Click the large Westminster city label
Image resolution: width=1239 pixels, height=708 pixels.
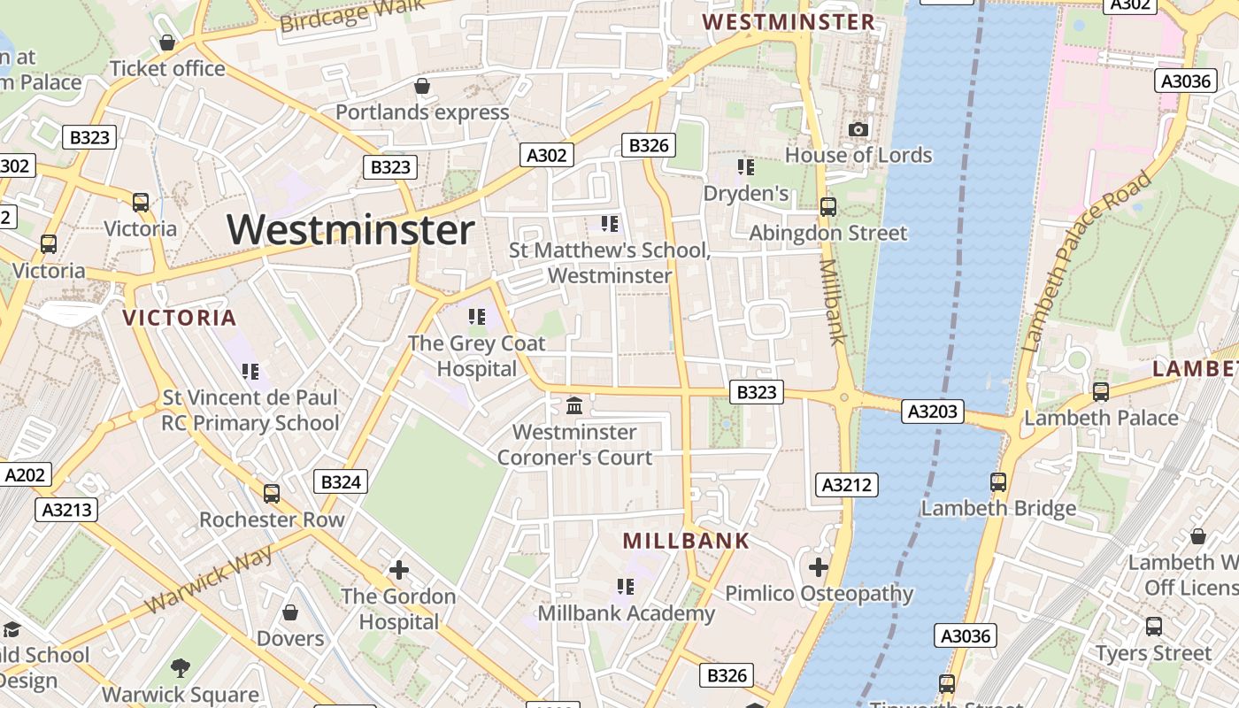tap(350, 230)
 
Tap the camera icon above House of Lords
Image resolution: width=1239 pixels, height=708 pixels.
tap(858, 130)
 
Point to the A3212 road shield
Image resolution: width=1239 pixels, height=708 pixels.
tap(845, 484)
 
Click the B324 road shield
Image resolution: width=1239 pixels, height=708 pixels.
tap(341, 481)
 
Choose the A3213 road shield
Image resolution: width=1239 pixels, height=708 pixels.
tap(66, 510)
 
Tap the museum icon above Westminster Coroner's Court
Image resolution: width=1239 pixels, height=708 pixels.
tap(574, 406)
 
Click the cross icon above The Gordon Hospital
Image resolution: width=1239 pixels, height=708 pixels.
tap(399, 570)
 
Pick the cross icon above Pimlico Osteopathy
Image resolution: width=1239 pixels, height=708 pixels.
tap(819, 566)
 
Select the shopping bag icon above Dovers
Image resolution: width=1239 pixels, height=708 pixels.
tap(290, 612)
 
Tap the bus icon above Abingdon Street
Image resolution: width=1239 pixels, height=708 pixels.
tap(828, 207)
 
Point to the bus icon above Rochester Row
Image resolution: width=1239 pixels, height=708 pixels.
tap(272, 493)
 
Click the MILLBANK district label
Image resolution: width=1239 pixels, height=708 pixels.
tap(686, 541)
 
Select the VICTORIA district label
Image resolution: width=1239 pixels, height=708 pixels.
tap(180, 318)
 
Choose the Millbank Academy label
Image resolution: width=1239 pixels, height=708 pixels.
tap(627, 613)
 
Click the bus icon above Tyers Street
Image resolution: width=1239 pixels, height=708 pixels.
tap(1154, 627)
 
